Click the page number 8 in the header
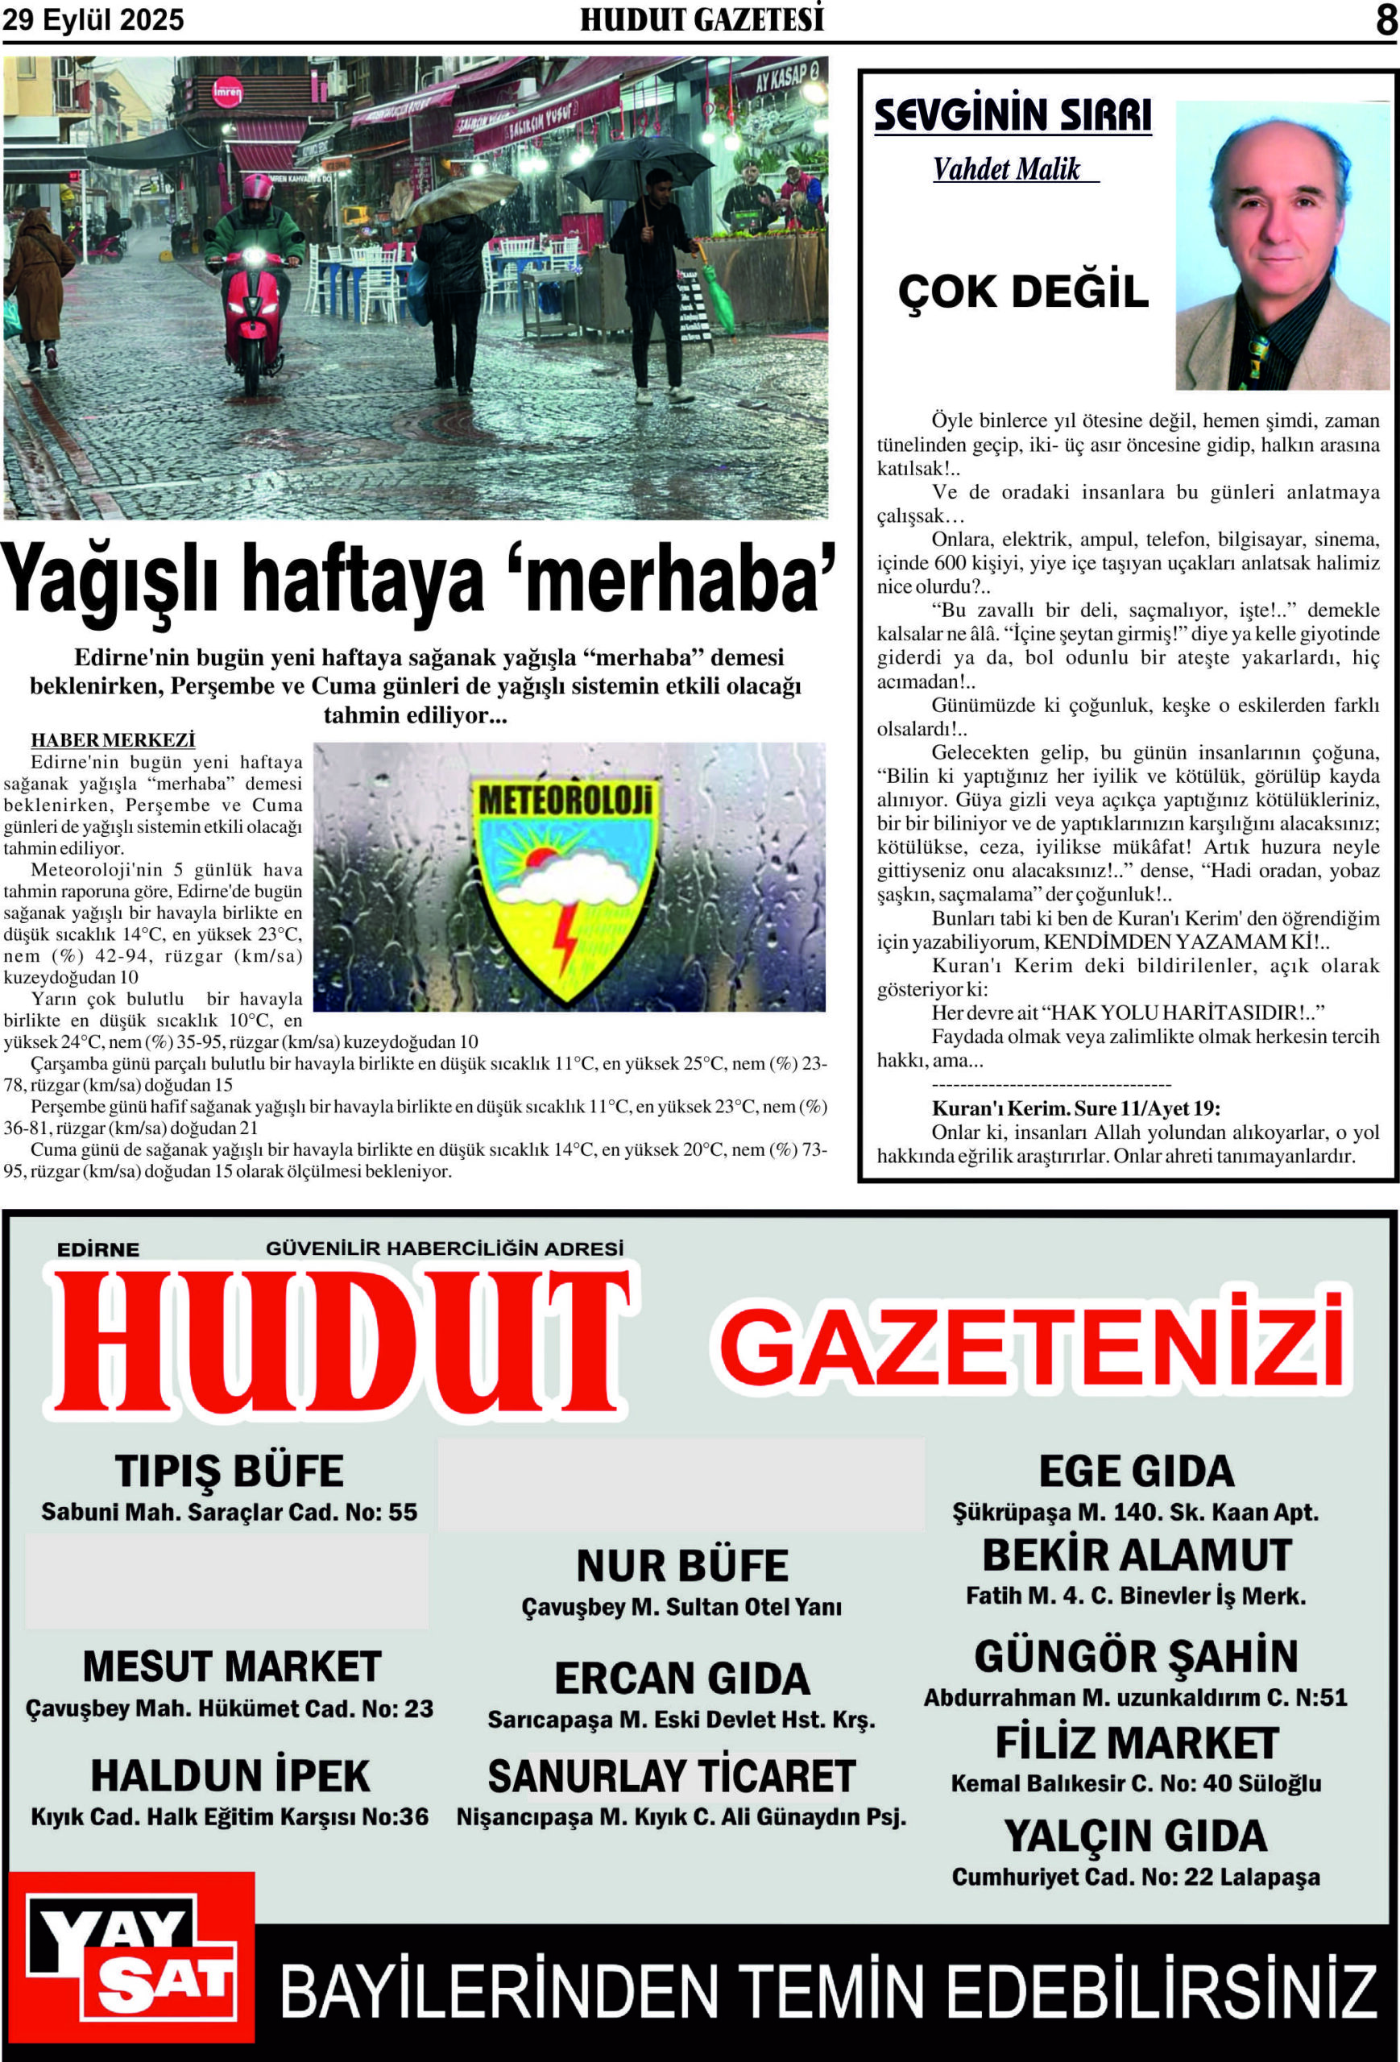[x=1386, y=19]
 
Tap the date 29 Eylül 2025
[x=93, y=19]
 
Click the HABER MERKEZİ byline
[x=113, y=740]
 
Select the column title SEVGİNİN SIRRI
[x=1013, y=115]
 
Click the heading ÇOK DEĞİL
[x=1023, y=291]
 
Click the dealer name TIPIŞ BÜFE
[x=229, y=1471]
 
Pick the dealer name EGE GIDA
[x=1137, y=1471]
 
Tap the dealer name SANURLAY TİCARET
[x=672, y=1776]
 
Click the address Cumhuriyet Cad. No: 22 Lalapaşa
[x=1136, y=1877]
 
